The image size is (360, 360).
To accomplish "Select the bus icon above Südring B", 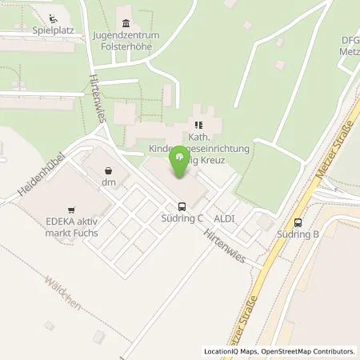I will [298, 222].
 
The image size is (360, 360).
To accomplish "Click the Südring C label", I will [183, 217].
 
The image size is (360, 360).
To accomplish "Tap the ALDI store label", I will [224, 217].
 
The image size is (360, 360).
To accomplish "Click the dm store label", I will [109, 182].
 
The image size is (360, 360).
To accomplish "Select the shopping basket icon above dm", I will [109, 170].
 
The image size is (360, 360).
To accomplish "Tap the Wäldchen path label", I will [62, 291].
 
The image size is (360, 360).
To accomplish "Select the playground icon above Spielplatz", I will [53, 18].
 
